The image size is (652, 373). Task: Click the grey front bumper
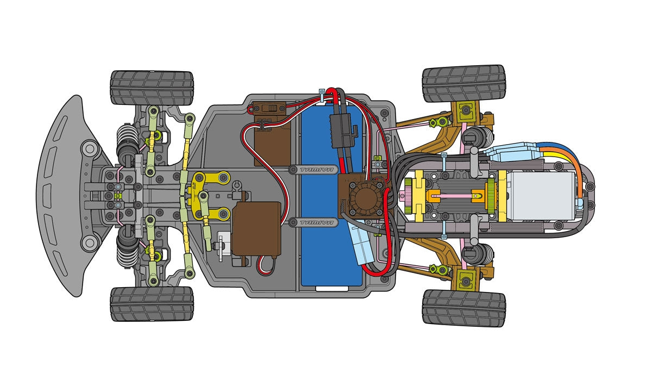click(x=60, y=196)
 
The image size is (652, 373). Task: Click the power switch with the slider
click(x=267, y=108)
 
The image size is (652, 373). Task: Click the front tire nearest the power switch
click(x=152, y=88)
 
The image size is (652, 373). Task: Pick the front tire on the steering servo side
click(x=152, y=304)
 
